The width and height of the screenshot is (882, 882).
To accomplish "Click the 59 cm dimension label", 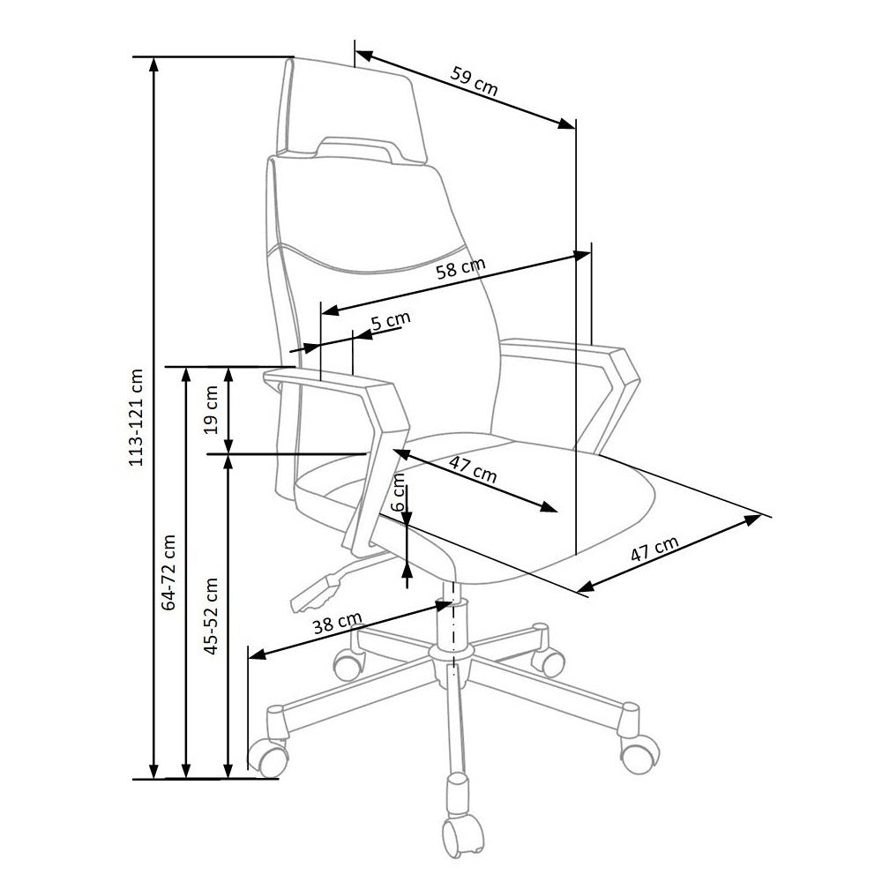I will point(475,80).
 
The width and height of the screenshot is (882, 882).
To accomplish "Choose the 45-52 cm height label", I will point(212,615).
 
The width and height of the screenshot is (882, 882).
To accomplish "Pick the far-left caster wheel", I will point(268,754).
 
